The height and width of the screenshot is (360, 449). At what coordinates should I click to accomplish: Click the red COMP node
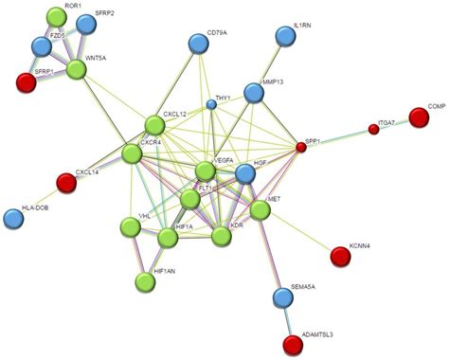(x=418, y=117)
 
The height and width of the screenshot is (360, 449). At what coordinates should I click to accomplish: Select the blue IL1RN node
(x=284, y=36)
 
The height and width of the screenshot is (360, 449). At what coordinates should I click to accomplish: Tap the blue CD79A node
(x=198, y=42)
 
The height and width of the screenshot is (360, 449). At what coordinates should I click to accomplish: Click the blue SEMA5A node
(x=282, y=298)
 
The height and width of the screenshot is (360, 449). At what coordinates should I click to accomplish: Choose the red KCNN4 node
(x=339, y=255)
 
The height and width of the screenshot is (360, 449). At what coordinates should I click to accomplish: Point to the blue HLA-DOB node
(x=14, y=218)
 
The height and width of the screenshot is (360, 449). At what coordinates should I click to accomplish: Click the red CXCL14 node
(x=65, y=181)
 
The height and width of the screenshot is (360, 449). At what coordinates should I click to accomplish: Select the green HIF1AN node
(x=145, y=281)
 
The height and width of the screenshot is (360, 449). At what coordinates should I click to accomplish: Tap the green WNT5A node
(x=76, y=67)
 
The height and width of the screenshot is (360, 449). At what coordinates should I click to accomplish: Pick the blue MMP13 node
(x=253, y=93)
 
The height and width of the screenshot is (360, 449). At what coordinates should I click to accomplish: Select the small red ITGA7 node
(x=373, y=129)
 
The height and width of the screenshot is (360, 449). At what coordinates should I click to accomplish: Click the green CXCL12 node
(x=154, y=123)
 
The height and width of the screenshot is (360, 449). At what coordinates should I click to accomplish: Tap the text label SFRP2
(x=105, y=14)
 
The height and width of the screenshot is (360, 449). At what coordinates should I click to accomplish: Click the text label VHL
(x=144, y=216)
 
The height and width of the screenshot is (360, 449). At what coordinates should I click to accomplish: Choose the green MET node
(x=260, y=210)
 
